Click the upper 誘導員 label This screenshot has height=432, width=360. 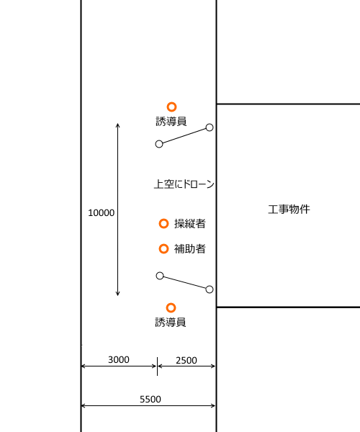[171, 121]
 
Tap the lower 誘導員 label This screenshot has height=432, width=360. [171, 322]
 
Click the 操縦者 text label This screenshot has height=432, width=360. [190, 223]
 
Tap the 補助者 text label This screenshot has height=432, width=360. [190, 249]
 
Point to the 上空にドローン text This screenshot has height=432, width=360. [184, 184]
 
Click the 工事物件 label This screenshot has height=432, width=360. [289, 209]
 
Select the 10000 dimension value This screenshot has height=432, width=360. [101, 212]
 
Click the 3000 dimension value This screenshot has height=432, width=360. [118, 359]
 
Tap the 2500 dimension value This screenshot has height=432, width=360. [186, 361]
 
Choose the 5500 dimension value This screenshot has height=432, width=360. [150, 399]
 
